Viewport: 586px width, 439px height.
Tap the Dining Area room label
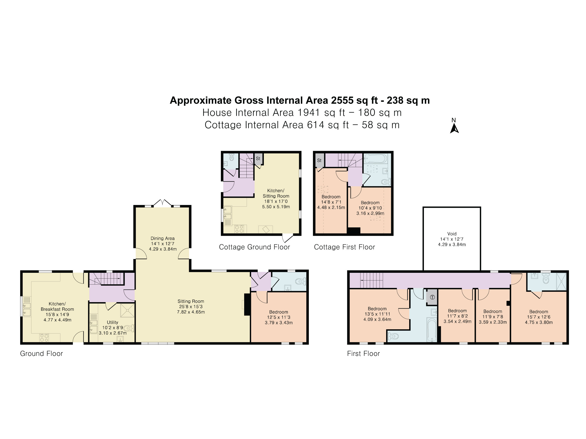[x=162, y=238]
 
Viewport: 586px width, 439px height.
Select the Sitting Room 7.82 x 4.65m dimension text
[x=191, y=312]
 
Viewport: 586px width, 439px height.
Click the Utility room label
[x=112, y=322]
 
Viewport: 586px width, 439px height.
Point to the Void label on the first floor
[x=452, y=234]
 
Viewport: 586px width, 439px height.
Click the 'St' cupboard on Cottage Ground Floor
[x=258, y=159]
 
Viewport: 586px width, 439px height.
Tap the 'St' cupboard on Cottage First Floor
[x=319, y=160]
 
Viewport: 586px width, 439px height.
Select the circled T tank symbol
[x=432, y=297]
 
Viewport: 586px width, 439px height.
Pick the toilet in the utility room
[x=128, y=329]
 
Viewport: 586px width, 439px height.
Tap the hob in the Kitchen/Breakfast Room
[x=44, y=338]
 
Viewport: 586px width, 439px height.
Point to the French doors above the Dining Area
[x=162, y=203]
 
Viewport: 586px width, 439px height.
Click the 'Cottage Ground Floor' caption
[x=254, y=247]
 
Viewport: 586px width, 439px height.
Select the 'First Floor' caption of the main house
[x=364, y=354]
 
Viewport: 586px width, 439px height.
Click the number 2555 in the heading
[x=342, y=100]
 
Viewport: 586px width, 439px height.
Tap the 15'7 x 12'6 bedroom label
[x=539, y=317]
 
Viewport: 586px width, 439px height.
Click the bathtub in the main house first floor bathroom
[x=432, y=330]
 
